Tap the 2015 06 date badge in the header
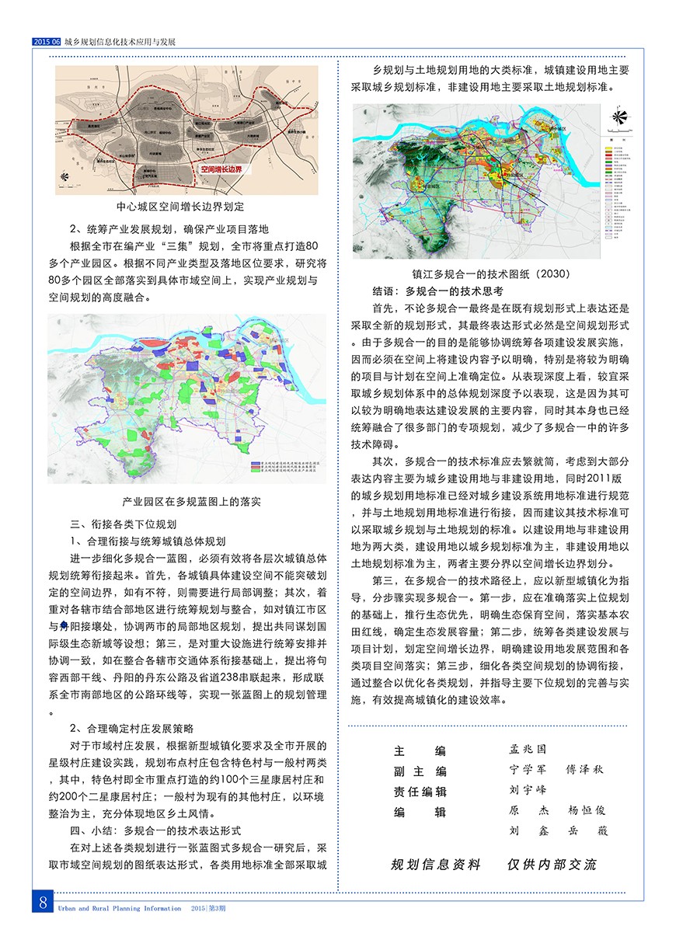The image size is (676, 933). click(x=47, y=42)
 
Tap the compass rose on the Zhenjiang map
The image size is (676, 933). click(x=619, y=117)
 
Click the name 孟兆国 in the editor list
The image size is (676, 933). click(x=528, y=750)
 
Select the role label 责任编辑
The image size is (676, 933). click(x=420, y=791)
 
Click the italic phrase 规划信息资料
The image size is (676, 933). click(x=435, y=865)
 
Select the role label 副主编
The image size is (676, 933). click(x=420, y=771)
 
